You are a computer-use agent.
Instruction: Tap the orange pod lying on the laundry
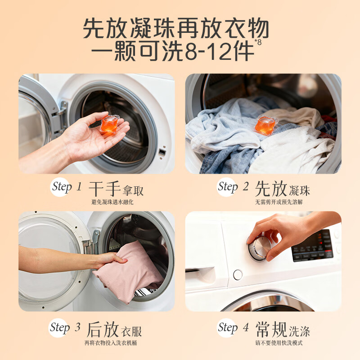click(x=266, y=124)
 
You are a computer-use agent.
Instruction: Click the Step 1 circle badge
click(x=62, y=187)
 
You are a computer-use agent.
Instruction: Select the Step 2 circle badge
click(x=228, y=187)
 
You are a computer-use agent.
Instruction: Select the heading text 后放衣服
click(x=114, y=330)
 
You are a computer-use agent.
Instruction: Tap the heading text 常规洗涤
click(x=283, y=330)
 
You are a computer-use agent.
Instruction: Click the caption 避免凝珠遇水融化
click(x=112, y=202)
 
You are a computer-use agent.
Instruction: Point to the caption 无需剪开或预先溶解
click(x=279, y=202)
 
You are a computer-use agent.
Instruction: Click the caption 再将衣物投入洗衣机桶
click(x=112, y=343)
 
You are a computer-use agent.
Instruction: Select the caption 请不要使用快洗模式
click(x=279, y=343)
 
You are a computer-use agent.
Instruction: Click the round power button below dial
click(x=238, y=274)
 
